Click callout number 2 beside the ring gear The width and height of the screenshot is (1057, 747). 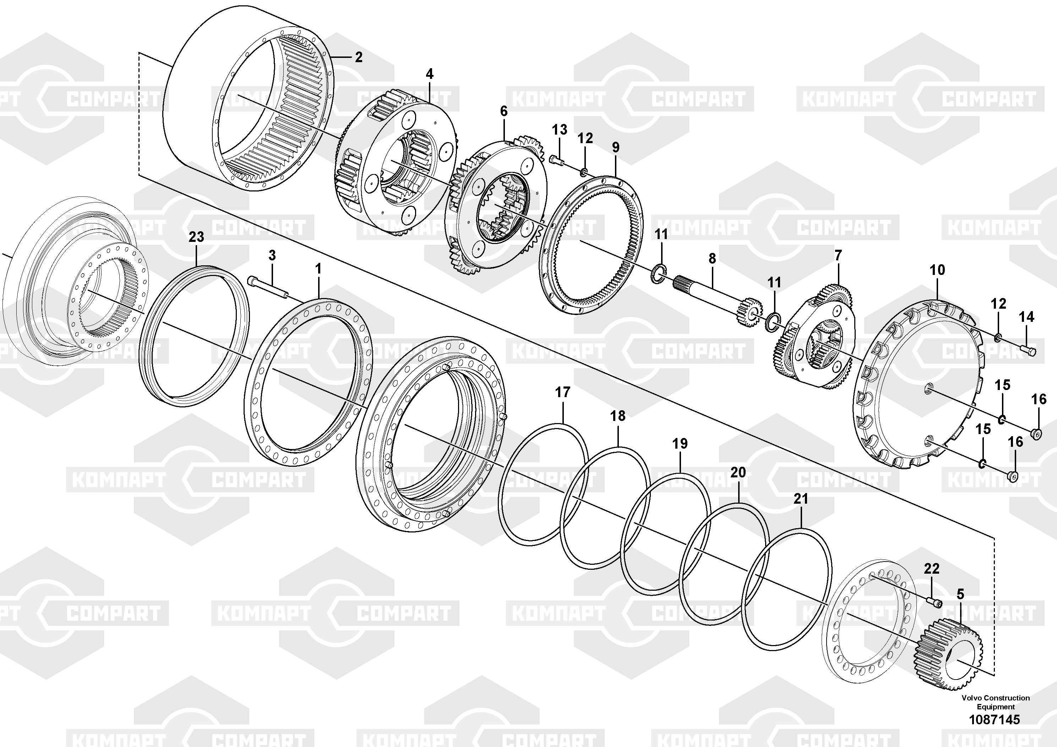tap(359, 57)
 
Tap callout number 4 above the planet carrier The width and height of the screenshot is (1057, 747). tap(430, 74)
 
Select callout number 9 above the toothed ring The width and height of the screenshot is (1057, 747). tap(616, 147)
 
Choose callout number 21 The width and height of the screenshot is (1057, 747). tap(801, 498)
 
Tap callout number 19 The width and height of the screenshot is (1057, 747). tap(680, 444)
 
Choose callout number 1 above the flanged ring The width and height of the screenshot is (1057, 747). tap(318, 269)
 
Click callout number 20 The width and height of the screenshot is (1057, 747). tap(738, 472)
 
